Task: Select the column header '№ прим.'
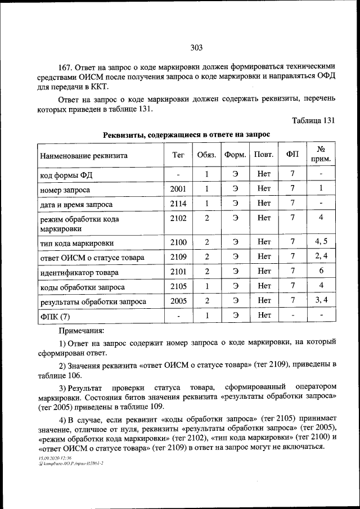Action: (321, 154)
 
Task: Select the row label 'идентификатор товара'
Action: (79, 272)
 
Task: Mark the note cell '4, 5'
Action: (321, 242)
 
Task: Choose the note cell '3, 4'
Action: (321, 301)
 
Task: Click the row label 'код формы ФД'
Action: (66, 175)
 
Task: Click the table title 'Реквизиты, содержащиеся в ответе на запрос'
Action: (186, 134)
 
